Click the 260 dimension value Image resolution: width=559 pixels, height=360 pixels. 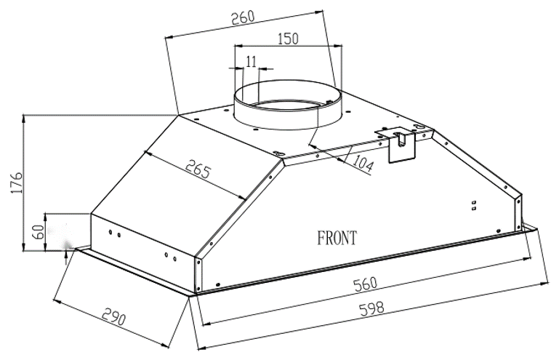[x=243, y=17]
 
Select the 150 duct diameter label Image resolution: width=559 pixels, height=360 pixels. [x=288, y=38]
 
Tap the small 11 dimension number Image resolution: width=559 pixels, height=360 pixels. [x=251, y=61]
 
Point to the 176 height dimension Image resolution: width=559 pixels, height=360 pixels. [x=17, y=183]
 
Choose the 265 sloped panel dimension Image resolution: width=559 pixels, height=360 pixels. [x=198, y=169]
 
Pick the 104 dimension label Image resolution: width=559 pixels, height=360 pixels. [x=363, y=164]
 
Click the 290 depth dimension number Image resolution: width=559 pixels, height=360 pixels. [x=114, y=316]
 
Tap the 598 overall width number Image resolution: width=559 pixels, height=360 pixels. [x=372, y=308]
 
